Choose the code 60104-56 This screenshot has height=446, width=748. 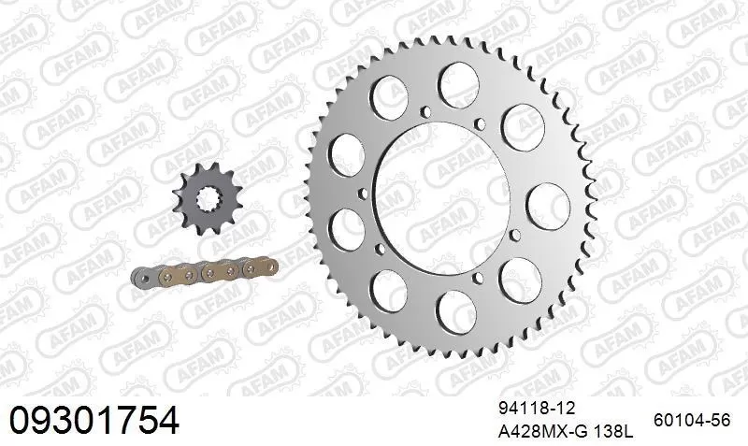pos(692,421)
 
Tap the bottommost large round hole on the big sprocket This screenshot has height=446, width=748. pos(454,309)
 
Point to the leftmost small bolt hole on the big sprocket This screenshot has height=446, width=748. pos(360,194)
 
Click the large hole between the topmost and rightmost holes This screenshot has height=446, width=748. pos(517,122)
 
